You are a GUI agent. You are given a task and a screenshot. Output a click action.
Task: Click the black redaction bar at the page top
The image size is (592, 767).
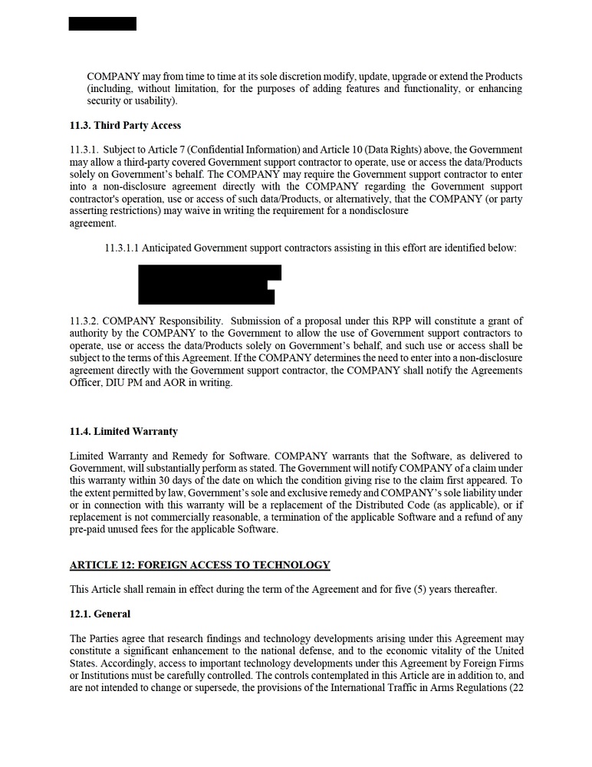click(x=102, y=24)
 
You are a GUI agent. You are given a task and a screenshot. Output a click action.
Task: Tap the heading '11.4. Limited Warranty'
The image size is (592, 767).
click(x=123, y=432)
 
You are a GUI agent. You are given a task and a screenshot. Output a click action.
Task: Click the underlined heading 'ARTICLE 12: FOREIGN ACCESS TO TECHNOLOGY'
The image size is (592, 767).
click(x=199, y=565)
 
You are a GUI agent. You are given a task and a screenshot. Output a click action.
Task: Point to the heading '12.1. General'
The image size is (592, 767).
click(x=100, y=614)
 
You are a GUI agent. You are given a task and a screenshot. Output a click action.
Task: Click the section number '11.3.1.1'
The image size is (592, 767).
click(x=121, y=248)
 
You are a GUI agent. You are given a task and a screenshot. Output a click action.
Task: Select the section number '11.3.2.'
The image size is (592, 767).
click(x=84, y=321)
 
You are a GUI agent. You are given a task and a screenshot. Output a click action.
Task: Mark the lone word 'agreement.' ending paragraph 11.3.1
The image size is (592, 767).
click(x=92, y=223)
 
